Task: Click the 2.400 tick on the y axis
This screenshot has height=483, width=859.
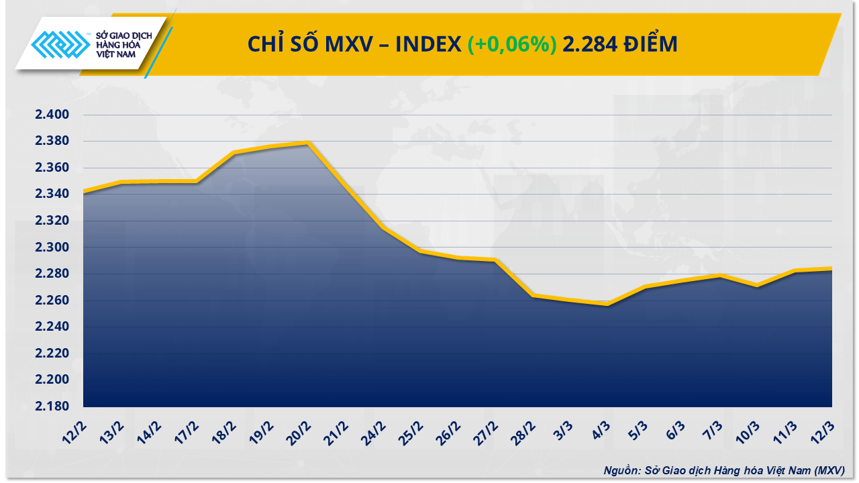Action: (x=52, y=115)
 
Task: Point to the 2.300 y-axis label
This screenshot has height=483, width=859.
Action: (x=52, y=248)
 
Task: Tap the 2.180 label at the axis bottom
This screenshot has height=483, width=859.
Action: (x=52, y=407)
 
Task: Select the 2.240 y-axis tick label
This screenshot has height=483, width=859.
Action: (x=52, y=327)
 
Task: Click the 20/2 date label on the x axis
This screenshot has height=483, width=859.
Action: (x=299, y=429)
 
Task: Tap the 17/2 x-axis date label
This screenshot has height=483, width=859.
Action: (x=186, y=429)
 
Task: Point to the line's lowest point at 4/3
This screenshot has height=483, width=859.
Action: (x=607, y=304)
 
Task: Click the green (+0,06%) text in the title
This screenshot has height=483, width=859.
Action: (x=512, y=44)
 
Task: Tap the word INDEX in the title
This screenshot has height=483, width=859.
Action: (x=427, y=44)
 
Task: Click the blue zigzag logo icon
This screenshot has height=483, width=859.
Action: (x=60, y=47)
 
